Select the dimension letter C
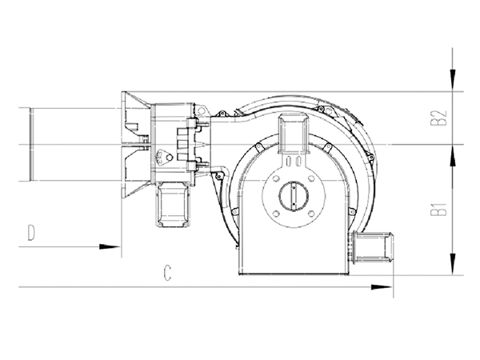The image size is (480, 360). [167, 273]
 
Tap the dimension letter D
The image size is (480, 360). [31, 232]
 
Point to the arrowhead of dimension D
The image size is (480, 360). [110, 246]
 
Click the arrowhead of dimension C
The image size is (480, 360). [381, 287]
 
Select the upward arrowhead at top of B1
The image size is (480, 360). [453, 155]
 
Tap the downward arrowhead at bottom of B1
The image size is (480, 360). [453, 263]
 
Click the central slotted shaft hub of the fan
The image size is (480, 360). [294, 196]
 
